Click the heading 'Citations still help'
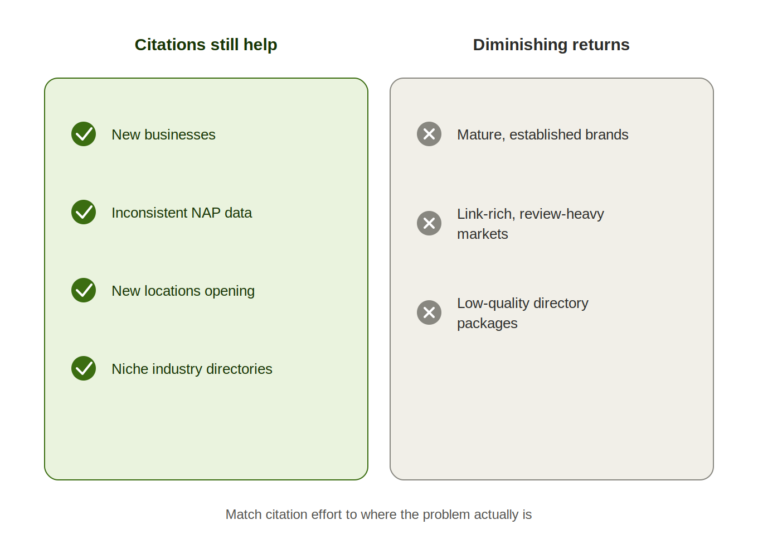[206, 45]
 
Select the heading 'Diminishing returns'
[551, 45]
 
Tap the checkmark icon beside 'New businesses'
[84, 134]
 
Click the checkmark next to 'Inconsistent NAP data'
[84, 212]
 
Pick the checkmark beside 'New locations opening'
[84, 290]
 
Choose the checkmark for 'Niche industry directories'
[84, 368]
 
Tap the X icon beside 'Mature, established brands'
[429, 134]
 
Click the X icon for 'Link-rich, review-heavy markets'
[429, 223]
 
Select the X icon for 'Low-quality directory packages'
[429, 312]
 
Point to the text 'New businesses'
[163, 135]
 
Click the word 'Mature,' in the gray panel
[481, 135]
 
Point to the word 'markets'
[483, 234]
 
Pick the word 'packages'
[487, 324]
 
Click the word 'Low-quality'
[493, 304]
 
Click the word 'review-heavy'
[562, 214]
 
